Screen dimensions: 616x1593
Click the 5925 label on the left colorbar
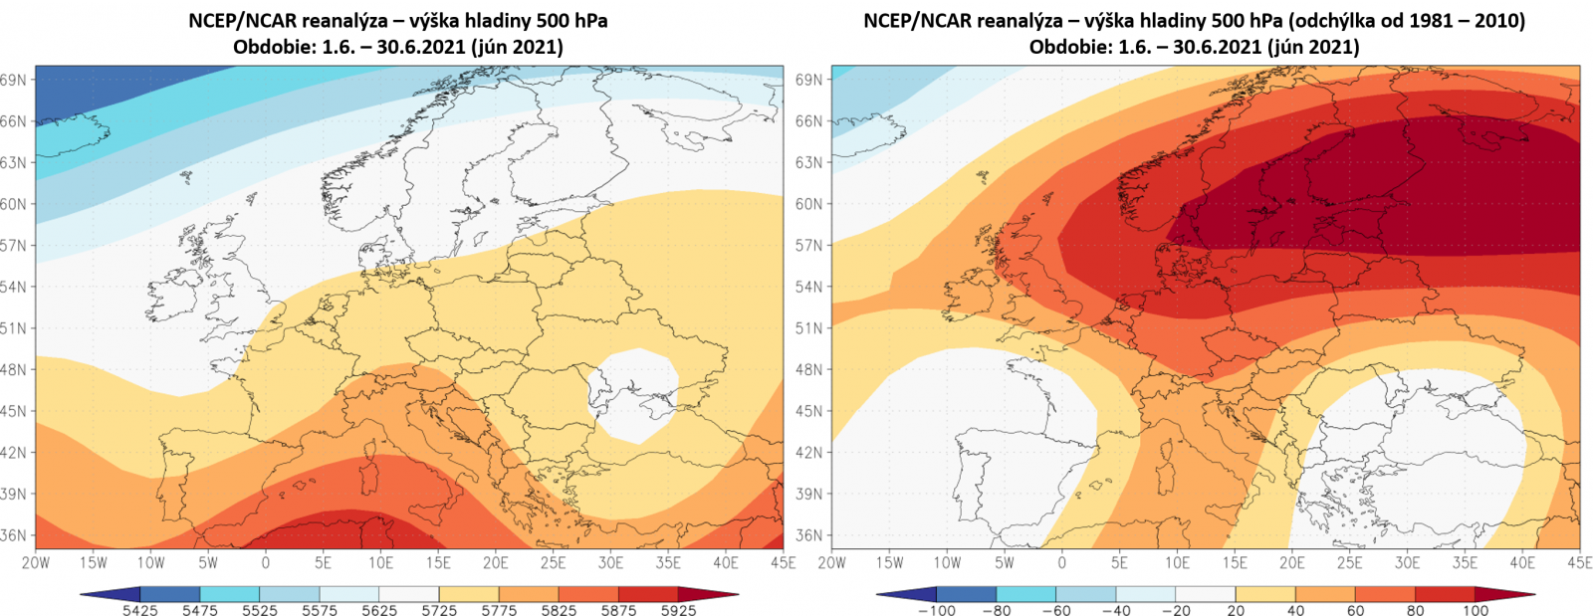click(678, 610)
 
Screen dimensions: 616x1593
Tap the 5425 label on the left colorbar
click(140, 610)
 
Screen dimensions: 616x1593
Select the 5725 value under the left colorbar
click(439, 610)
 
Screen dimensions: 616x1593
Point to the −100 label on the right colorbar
click(935, 610)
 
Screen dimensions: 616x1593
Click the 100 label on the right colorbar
click(1476, 610)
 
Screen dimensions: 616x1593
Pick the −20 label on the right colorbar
click(1175, 610)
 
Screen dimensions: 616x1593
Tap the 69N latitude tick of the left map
click(14, 80)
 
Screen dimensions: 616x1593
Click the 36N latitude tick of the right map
click(809, 535)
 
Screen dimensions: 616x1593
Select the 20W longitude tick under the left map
click(36, 562)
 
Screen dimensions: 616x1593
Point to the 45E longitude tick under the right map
click(1579, 562)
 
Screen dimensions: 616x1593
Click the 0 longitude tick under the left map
click(266, 562)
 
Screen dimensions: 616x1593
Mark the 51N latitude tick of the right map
click(809, 328)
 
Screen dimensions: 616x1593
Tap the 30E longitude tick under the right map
click(1407, 562)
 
